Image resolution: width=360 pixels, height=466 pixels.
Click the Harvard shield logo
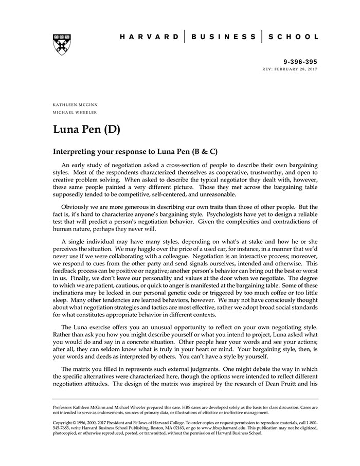62,45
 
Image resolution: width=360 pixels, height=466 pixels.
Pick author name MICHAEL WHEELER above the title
75,112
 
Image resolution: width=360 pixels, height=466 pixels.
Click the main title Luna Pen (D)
86,129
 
